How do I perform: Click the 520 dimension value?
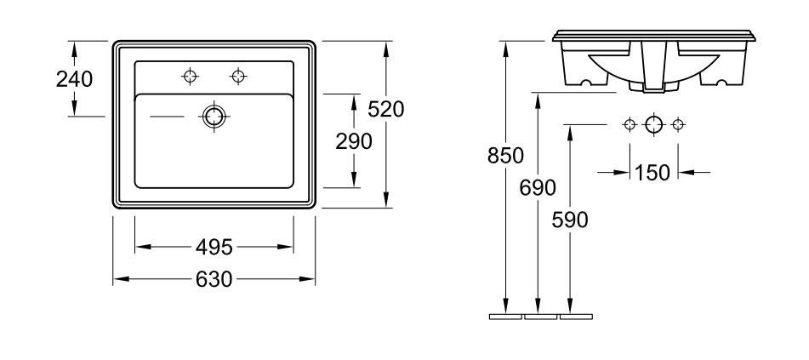(386, 109)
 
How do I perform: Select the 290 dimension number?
(353, 141)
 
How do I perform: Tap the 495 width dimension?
(214, 247)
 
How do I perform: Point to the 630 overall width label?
(214, 279)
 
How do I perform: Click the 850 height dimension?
(505, 156)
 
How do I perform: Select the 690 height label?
(538, 186)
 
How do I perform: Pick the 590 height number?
(570, 220)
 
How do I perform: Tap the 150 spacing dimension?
(653, 172)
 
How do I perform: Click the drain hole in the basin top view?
(213, 116)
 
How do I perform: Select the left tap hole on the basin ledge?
(189, 77)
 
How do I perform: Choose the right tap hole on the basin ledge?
(237, 77)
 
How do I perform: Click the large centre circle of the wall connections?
(653, 125)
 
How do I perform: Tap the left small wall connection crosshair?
(630, 125)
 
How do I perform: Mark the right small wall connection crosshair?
(677, 125)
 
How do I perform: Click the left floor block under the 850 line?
(505, 317)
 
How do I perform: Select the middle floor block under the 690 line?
(541, 317)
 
